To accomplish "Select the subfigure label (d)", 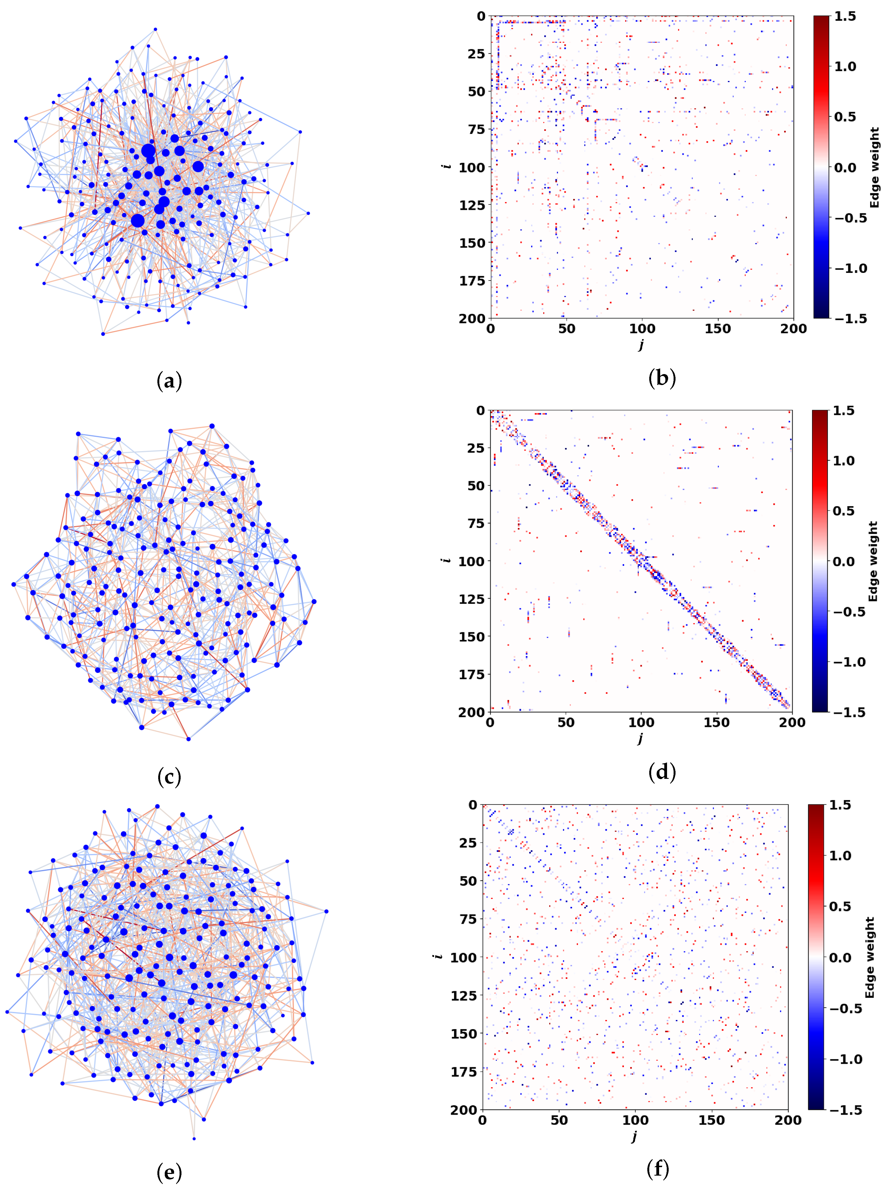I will [662, 772].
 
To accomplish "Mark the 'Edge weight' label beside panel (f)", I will [870, 958].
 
